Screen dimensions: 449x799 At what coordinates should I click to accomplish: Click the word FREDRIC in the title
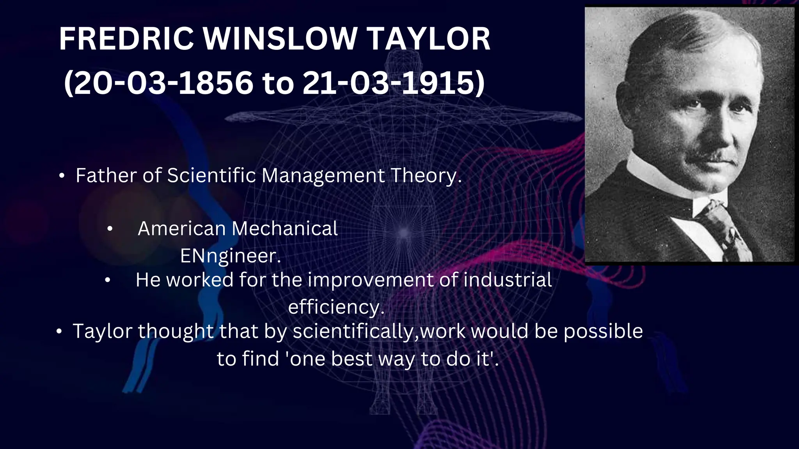click(x=126, y=39)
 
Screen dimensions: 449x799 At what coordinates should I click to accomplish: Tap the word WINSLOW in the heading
click(x=280, y=39)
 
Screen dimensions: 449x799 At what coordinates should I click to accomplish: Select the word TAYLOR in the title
click(x=429, y=39)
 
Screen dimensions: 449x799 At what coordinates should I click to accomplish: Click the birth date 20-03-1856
click(x=164, y=83)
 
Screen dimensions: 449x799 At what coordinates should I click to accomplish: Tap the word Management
click(x=323, y=175)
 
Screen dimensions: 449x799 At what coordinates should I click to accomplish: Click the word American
click(x=181, y=228)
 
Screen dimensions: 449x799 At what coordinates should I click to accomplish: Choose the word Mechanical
click(x=285, y=228)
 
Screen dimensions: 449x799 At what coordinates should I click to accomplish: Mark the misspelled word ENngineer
click(x=230, y=256)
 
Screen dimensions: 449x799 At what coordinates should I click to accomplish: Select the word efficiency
click(x=336, y=308)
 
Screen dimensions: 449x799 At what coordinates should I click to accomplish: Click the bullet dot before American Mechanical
click(x=110, y=230)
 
